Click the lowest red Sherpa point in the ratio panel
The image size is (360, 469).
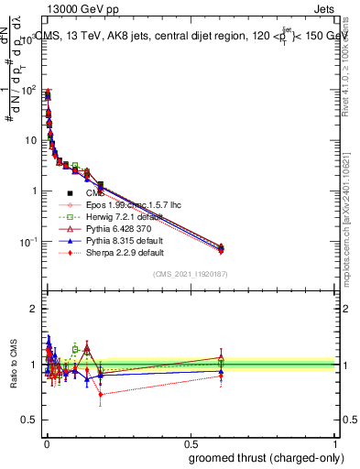[x=100, y=395]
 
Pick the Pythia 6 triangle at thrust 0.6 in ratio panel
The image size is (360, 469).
[x=221, y=357]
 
